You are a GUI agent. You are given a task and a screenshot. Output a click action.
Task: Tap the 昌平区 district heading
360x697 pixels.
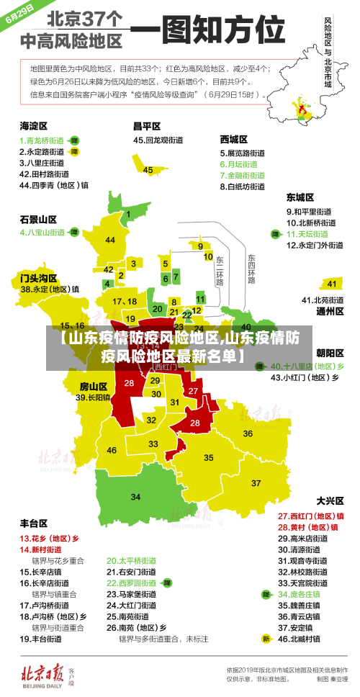pos(147,125)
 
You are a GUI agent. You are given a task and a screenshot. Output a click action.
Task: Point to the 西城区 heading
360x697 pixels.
pos(234,139)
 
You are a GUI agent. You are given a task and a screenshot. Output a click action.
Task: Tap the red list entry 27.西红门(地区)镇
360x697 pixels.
pos(310,516)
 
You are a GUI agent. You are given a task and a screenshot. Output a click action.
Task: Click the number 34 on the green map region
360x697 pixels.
pos(135,497)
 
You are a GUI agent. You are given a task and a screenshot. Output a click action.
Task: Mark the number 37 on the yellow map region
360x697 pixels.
pos(256,482)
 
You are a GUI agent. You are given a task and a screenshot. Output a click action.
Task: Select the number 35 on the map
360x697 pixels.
pos(209,457)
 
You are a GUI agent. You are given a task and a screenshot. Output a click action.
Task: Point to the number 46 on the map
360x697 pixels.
pos(112,450)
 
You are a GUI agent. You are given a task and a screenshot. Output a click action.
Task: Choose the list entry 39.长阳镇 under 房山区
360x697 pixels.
pos(93,397)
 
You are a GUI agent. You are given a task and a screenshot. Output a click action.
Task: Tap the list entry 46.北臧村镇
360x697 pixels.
pos(310,638)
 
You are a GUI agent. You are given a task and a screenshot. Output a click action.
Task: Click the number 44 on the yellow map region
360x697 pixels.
pos(110,240)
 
